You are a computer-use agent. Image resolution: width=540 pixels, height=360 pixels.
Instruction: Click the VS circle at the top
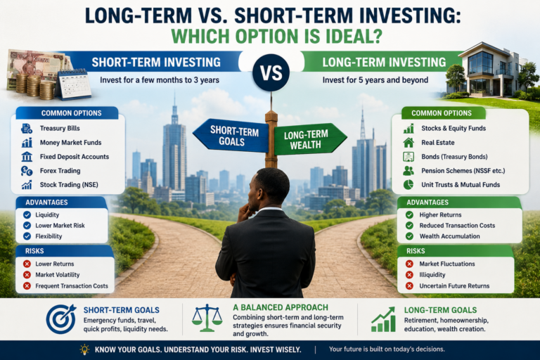point(271,72)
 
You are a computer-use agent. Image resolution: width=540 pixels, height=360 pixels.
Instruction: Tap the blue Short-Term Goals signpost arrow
point(231,136)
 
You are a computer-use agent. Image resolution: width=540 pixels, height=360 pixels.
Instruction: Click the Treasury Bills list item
point(60,128)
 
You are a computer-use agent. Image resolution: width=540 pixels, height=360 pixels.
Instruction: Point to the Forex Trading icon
point(27,171)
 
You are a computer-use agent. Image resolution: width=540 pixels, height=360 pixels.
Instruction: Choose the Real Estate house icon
point(409,142)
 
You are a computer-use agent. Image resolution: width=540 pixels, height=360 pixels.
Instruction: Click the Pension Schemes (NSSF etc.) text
point(463,171)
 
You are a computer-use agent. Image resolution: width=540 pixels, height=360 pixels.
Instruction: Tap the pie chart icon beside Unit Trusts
point(409,185)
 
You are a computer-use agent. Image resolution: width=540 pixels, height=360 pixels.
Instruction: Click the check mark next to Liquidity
point(27,214)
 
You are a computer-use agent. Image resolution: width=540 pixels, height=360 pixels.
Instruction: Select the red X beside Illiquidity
point(409,274)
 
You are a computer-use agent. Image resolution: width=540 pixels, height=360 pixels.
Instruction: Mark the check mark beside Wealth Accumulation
point(409,236)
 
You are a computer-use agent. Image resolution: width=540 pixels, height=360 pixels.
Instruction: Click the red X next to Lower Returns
point(27,264)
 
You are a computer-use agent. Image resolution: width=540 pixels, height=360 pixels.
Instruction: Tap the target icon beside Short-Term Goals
point(61,319)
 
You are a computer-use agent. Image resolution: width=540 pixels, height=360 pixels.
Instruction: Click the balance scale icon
point(207,318)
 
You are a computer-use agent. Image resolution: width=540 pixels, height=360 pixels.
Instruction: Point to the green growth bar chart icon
point(383,319)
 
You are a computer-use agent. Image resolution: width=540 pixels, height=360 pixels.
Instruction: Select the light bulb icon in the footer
point(84,349)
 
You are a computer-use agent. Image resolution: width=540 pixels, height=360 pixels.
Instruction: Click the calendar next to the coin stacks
point(73,85)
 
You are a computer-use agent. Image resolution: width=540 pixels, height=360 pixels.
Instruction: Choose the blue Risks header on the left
point(34,251)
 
